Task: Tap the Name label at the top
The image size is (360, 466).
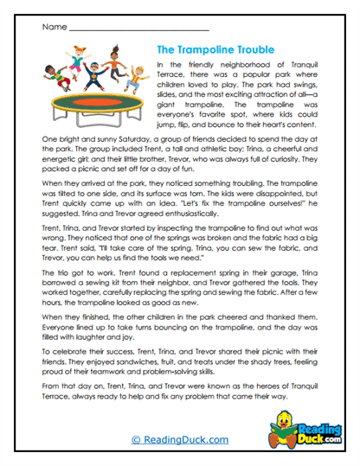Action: pos(53,28)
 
